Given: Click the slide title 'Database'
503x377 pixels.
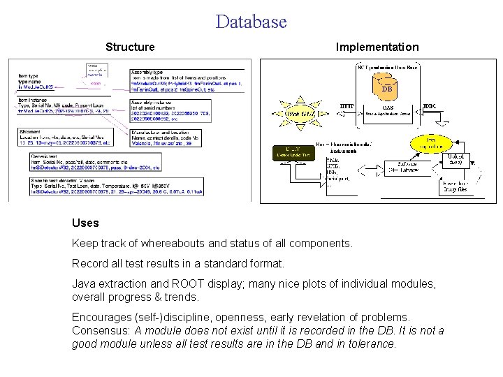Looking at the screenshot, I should [251, 22].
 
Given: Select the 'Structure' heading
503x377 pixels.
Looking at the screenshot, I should [130, 47].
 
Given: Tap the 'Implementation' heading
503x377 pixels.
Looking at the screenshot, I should [377, 47].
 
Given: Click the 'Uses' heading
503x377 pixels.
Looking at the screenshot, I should [85, 223].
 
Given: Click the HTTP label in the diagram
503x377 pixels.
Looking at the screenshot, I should [347, 106].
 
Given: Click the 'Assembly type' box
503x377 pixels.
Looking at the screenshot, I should [187, 80].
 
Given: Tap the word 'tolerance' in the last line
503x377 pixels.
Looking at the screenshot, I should [371, 343].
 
